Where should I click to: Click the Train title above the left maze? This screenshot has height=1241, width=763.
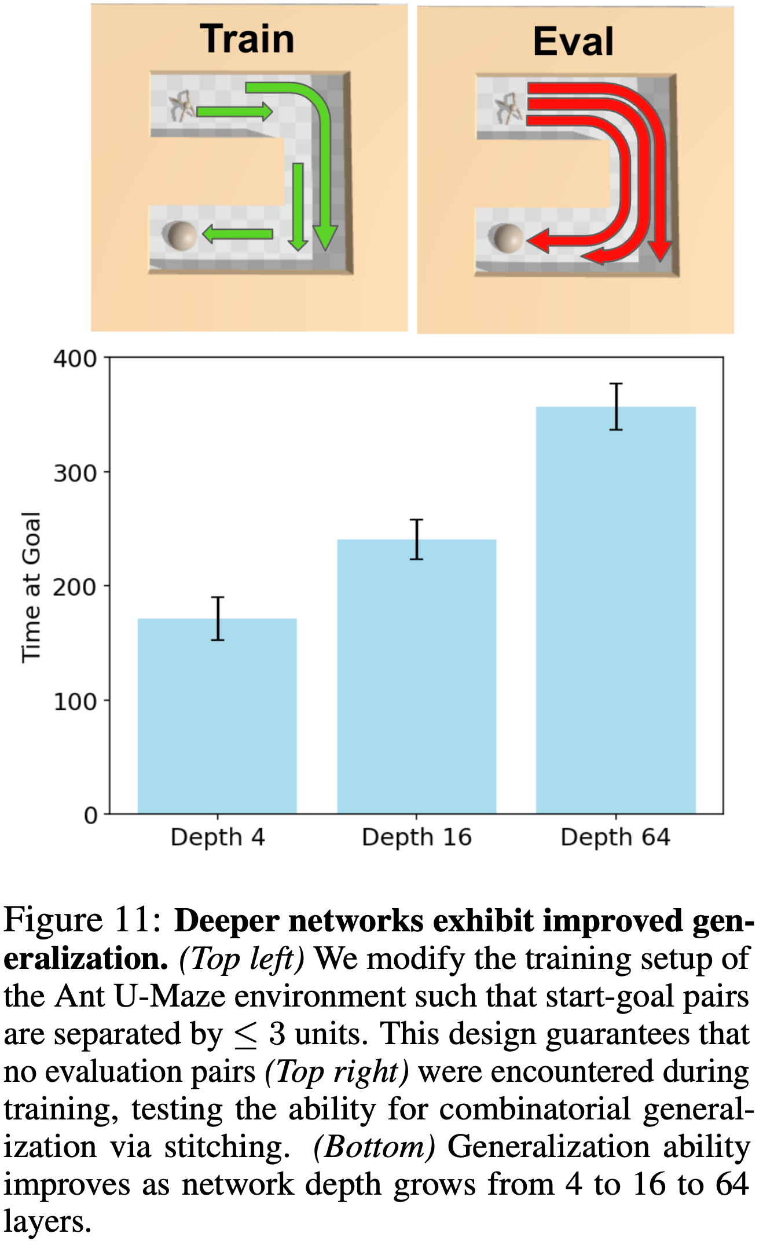coord(247,39)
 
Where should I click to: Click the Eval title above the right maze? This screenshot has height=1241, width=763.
coord(573,42)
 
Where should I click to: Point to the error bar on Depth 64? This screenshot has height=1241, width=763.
coord(616,406)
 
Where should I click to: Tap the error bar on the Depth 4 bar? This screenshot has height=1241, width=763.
coord(218,618)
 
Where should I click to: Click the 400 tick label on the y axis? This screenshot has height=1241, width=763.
coord(75,359)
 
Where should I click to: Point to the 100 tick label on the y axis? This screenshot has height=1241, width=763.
coord(75,702)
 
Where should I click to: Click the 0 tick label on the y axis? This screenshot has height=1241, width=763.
coord(90,816)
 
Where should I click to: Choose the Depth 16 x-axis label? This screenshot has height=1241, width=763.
coord(416,837)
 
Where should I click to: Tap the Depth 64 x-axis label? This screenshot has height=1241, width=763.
coord(615,837)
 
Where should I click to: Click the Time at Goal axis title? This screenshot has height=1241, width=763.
coord(31,587)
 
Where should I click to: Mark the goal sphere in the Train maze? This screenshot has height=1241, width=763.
coord(180,236)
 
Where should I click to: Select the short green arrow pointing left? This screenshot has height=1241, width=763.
coord(237,234)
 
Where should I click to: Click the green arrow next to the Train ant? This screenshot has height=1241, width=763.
coord(234,111)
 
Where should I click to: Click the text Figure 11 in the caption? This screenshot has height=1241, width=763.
coord(81,919)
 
